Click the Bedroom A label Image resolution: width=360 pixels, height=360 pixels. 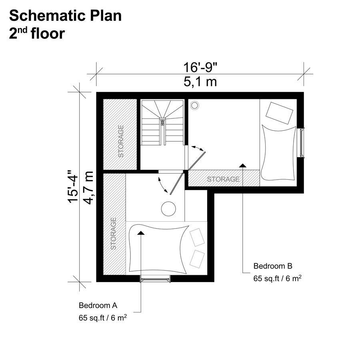tap(98, 306)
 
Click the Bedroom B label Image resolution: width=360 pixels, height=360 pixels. tap(273, 266)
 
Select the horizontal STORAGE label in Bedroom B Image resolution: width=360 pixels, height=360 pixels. tap(223, 179)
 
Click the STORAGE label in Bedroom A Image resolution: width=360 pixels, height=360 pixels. tap(113, 234)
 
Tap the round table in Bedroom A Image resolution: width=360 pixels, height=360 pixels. tap(168, 208)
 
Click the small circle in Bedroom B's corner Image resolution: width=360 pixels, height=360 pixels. tap(195, 105)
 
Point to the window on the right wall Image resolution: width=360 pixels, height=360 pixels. tap(302, 142)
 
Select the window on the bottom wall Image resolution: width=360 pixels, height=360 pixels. tap(156, 279)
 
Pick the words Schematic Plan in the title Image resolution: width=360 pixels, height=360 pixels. tap(65, 16)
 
